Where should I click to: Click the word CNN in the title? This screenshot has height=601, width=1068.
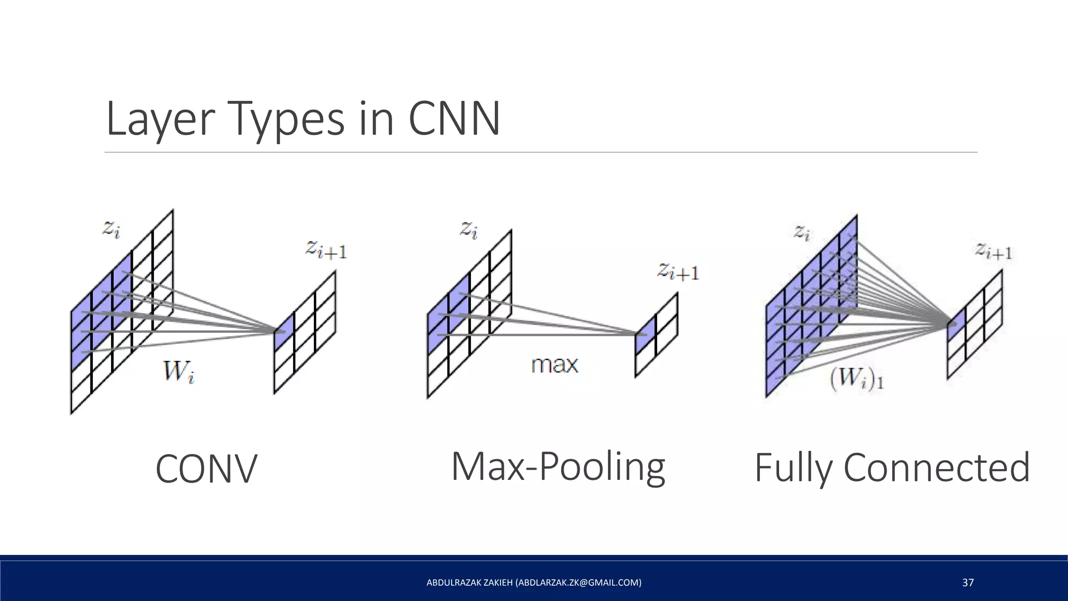click(454, 119)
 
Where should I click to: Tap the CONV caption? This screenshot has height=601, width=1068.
click(207, 468)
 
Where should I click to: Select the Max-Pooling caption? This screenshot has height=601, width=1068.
click(558, 466)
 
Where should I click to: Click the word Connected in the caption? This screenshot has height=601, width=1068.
click(936, 467)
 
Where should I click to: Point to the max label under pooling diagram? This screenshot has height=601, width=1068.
click(554, 364)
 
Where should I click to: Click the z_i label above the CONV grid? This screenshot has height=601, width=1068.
click(111, 229)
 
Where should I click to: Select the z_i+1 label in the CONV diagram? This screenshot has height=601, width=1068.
click(326, 249)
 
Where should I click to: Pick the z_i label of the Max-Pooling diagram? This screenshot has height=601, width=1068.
click(468, 230)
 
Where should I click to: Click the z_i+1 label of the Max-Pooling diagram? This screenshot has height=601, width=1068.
click(678, 272)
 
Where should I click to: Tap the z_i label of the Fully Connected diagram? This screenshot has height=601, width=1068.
click(802, 232)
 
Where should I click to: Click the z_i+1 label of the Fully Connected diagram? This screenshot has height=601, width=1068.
click(993, 251)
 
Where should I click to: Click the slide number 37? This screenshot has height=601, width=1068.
click(968, 583)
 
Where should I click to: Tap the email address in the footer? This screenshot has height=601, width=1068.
click(578, 583)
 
